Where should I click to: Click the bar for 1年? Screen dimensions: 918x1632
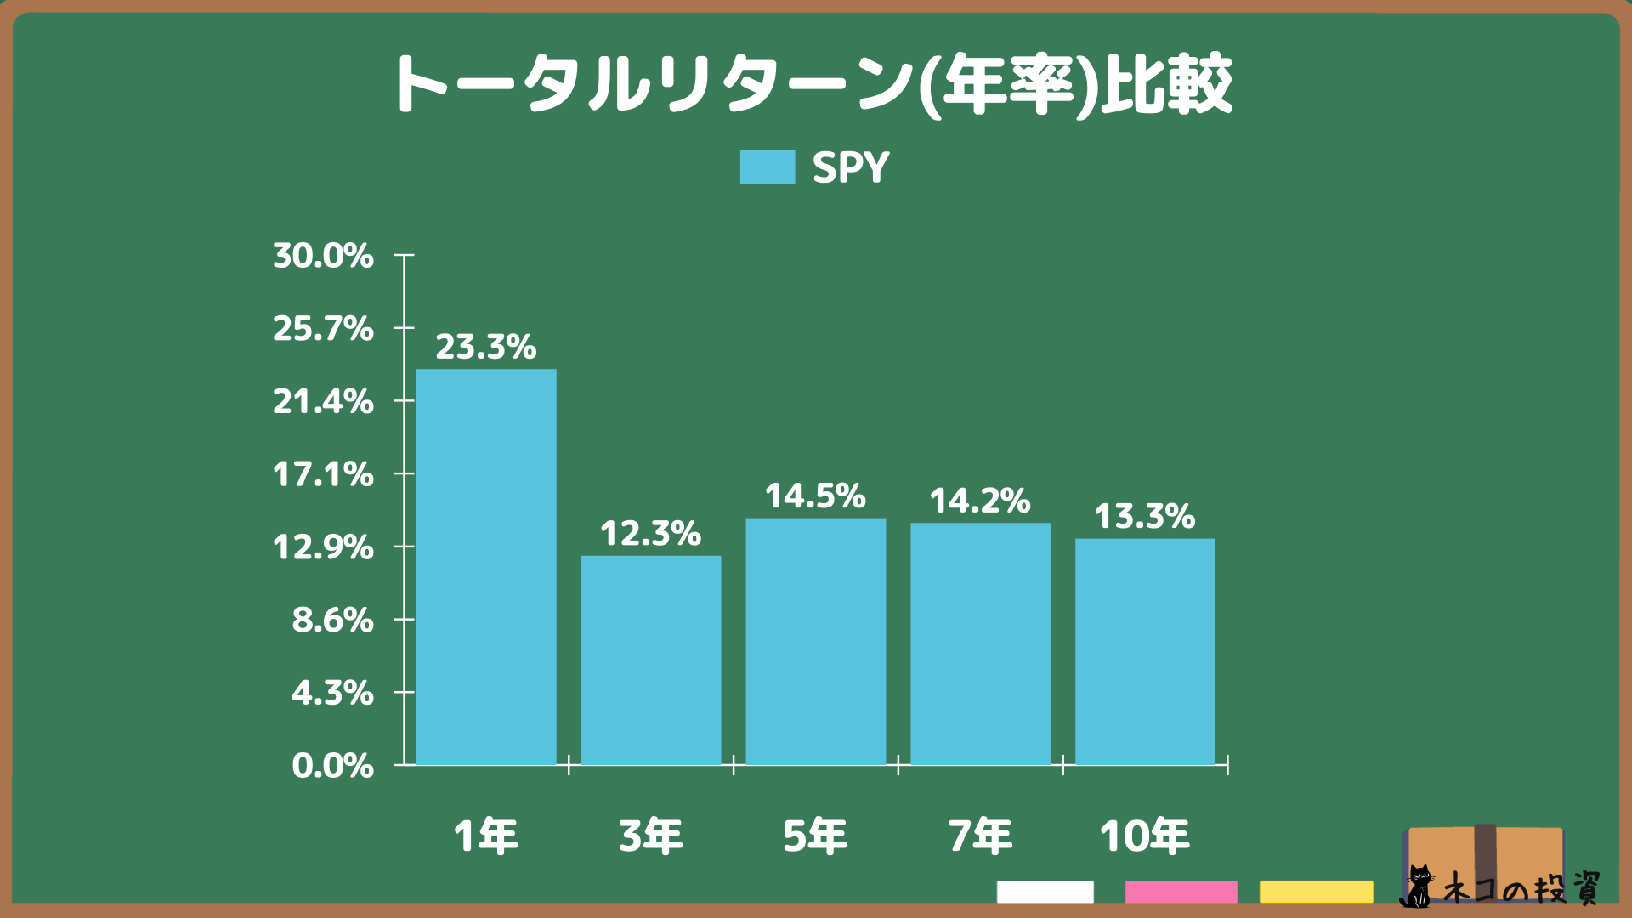(486, 567)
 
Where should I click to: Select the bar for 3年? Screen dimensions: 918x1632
(651, 660)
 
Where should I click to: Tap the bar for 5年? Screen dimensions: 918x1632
(816, 642)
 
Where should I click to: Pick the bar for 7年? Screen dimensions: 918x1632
(980, 643)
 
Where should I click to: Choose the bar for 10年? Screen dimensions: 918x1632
(1145, 652)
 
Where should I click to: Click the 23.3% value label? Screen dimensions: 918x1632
(486, 347)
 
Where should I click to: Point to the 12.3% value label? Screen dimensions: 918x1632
(651, 534)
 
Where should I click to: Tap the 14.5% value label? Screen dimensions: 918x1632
(815, 496)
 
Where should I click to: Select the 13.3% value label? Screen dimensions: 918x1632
(1145, 517)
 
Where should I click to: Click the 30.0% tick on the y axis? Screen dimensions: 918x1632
(323, 256)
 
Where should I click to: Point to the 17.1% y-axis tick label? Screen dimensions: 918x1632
(323, 474)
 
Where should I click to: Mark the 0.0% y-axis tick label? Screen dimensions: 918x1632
(332, 766)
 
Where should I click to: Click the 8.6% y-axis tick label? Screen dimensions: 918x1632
(332, 620)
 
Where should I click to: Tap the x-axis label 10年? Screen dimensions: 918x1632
(1145, 836)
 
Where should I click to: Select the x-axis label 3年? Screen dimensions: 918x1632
(651, 836)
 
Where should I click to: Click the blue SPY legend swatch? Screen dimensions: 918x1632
(768, 167)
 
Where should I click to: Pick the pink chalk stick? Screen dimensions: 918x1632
(1181, 892)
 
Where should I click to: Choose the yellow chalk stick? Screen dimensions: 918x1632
(1316, 892)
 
